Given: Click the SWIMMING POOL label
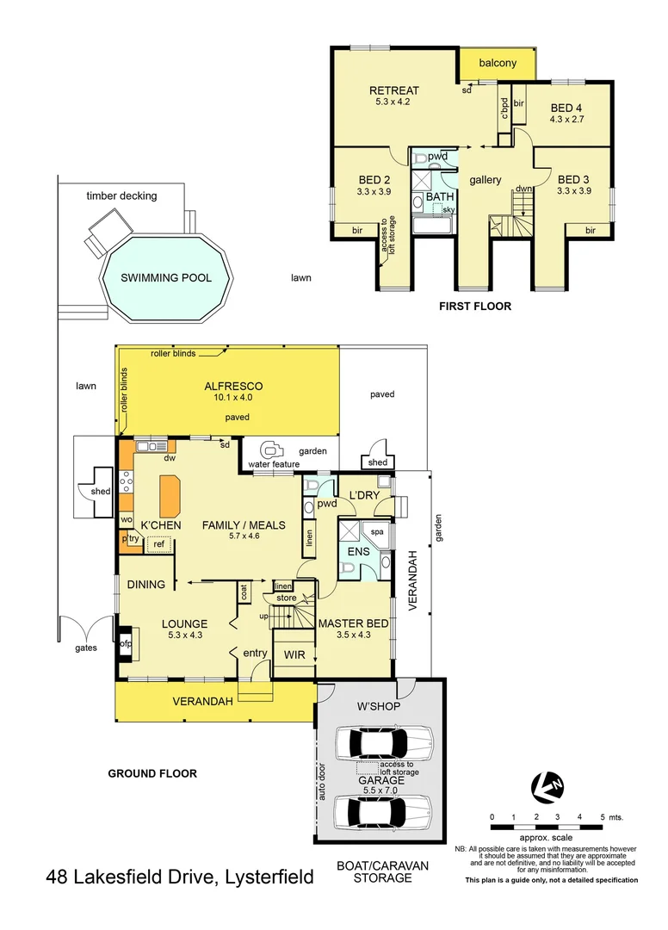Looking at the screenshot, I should [165, 277].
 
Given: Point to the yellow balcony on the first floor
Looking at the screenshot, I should [497, 63].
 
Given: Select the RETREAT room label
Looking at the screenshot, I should [393, 91].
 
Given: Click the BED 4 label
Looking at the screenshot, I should [566, 108].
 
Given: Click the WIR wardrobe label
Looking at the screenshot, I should [294, 654].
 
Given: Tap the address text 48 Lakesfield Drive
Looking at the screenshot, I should [179, 877].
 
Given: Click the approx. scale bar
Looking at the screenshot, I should [546, 827].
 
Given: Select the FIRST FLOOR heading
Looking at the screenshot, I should [474, 306].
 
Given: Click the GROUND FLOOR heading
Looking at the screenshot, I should [152, 773].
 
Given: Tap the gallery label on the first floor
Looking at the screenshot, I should [485, 180].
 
